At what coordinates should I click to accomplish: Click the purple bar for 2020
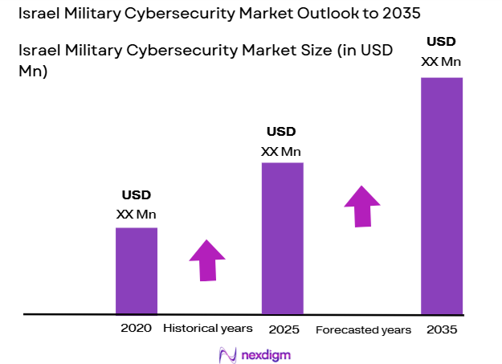pyautogui.click(x=137, y=270)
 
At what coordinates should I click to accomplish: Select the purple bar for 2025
pyautogui.click(x=282, y=238)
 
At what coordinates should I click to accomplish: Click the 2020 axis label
pyautogui.click(x=136, y=328)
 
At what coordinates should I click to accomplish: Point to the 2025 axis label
pyautogui.click(x=282, y=329)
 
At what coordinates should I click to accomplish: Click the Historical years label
pyautogui.click(x=208, y=329)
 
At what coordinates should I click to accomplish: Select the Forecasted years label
pyautogui.click(x=363, y=330)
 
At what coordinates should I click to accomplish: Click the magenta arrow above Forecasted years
pyautogui.click(x=362, y=207)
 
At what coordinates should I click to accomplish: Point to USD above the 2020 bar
pyautogui.click(x=137, y=194)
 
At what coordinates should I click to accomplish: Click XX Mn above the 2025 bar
pyautogui.click(x=281, y=151)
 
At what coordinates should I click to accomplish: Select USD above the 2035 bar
pyautogui.click(x=441, y=41)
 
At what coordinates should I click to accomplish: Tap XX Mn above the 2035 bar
pyautogui.click(x=441, y=61)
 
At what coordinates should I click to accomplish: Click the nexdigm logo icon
pyautogui.click(x=226, y=354)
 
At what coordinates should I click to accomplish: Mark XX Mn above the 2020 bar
pyautogui.click(x=137, y=215)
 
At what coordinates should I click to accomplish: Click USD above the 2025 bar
pyautogui.click(x=281, y=131)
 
